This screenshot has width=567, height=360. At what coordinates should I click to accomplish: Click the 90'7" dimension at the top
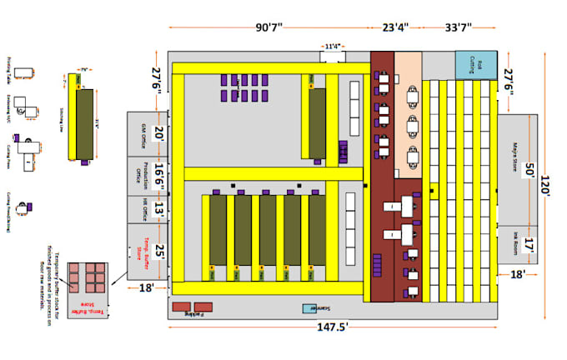[269, 27]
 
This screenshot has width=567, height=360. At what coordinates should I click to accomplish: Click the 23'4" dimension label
[395, 27]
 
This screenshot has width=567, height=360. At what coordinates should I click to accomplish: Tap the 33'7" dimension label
[459, 27]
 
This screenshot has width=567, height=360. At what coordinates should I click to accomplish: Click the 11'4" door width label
[333, 47]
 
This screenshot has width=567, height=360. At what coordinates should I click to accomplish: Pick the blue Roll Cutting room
[475, 64]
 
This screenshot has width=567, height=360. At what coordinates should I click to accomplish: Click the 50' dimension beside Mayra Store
[529, 171]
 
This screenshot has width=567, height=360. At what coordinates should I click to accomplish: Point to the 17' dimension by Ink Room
[529, 246]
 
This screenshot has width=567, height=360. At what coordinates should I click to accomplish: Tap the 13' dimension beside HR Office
[158, 209]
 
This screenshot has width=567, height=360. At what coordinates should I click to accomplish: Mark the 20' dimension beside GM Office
[158, 133]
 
